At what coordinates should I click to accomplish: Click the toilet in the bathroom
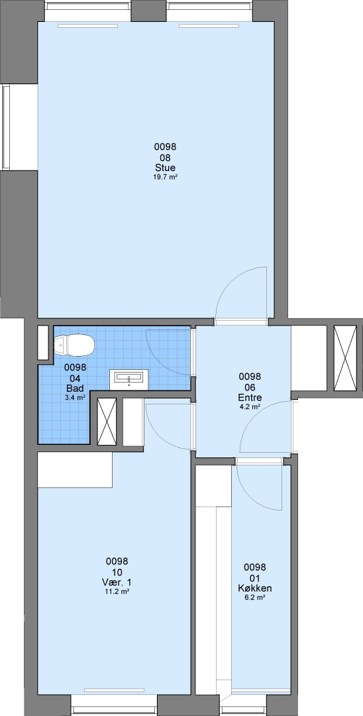[x=74, y=345]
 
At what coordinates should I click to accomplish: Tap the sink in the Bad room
[x=129, y=379]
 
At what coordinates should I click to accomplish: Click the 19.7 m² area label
[x=165, y=177]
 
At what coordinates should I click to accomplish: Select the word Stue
[x=165, y=168]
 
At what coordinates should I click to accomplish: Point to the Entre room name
[x=250, y=397]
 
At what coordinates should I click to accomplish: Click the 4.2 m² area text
[x=250, y=406]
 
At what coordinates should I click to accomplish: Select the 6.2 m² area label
[x=254, y=597]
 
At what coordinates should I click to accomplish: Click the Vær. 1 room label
[x=117, y=582]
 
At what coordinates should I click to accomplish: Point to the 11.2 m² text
[x=117, y=592]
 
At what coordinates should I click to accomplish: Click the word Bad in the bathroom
[x=74, y=388]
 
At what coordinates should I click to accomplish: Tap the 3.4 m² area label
[x=75, y=397]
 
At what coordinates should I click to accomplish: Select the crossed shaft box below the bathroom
[x=107, y=421]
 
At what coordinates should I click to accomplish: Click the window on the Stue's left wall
[x=7, y=127]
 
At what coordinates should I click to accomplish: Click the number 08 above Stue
[x=165, y=158]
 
